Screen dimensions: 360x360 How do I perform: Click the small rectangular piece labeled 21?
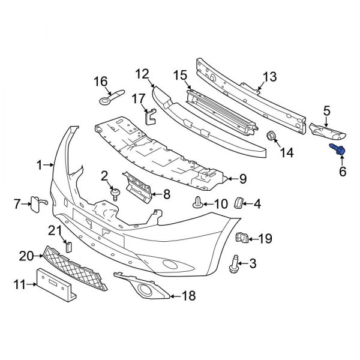(68, 245)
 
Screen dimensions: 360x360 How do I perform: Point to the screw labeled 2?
(114, 192)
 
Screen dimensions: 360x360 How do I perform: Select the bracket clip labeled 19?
(243, 238)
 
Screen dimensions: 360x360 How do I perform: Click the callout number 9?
(243, 178)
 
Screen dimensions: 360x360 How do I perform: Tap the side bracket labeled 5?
(324, 128)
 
